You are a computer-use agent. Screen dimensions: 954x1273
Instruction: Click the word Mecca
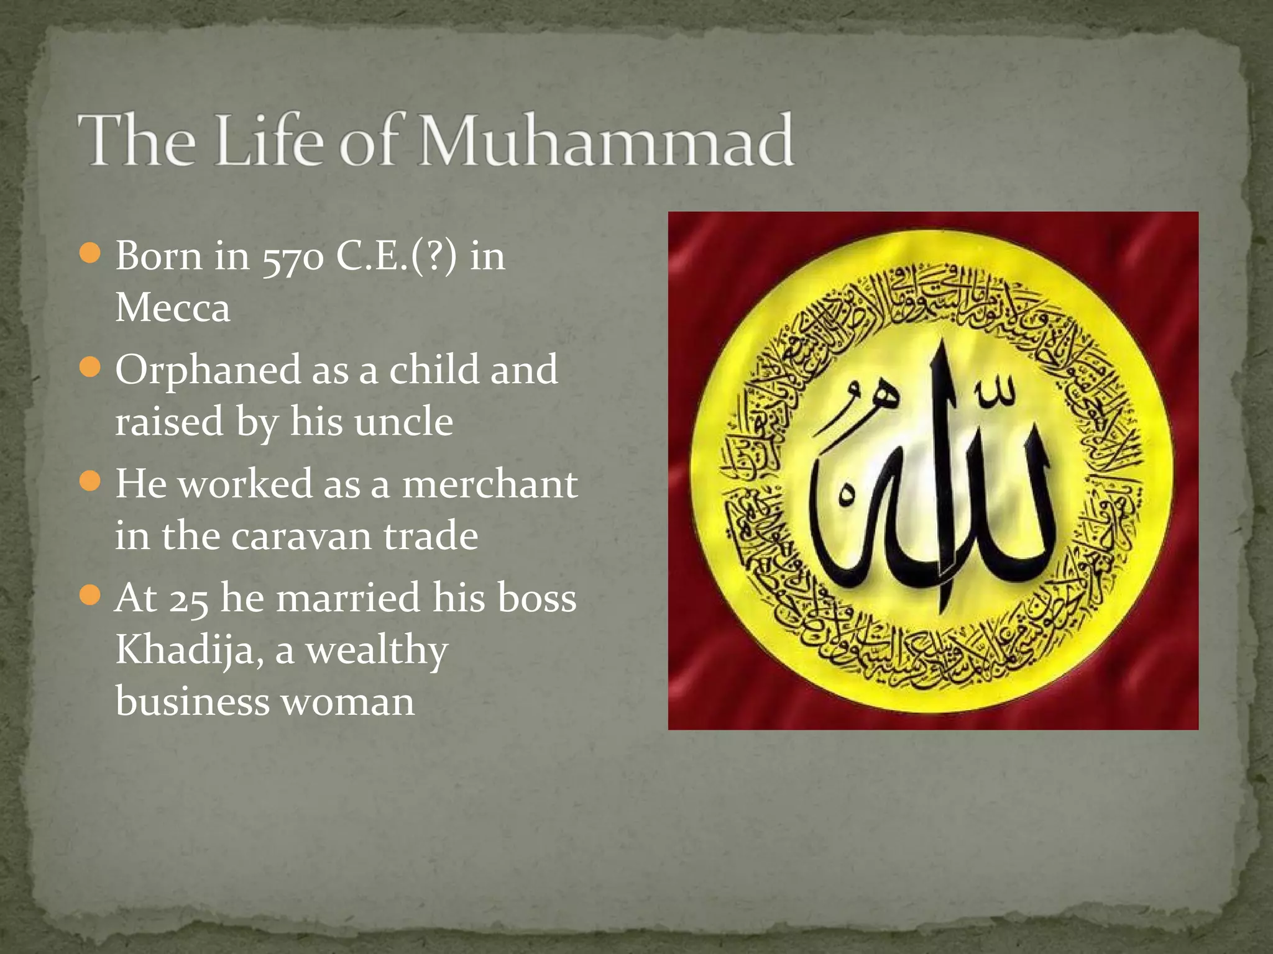click(x=173, y=308)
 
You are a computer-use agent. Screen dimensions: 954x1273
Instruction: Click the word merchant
click(x=490, y=484)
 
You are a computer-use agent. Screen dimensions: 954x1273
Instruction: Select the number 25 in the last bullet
click(x=188, y=599)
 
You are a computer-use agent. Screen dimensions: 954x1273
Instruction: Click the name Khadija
click(x=185, y=652)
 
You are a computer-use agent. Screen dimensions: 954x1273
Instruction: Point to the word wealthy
click(x=376, y=652)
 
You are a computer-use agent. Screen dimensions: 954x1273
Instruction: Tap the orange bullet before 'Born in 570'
click(x=91, y=253)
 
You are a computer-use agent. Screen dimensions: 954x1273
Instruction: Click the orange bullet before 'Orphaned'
click(x=91, y=367)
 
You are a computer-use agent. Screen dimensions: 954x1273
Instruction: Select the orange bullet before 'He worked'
click(x=91, y=481)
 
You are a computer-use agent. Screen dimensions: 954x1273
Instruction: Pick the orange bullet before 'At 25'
click(x=91, y=596)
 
